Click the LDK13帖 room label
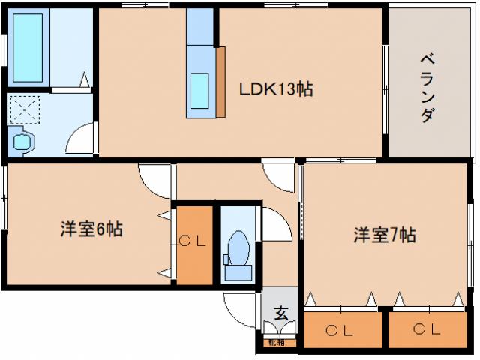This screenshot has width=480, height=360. [x=275, y=89]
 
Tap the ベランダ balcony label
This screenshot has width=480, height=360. [x=425, y=88]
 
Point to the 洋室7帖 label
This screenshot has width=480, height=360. [x=385, y=235]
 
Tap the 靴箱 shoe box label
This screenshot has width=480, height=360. [x=277, y=343]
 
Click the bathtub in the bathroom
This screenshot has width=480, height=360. [x=29, y=46]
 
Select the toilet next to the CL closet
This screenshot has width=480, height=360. [x=239, y=244]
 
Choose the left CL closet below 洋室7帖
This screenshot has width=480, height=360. [x=341, y=328]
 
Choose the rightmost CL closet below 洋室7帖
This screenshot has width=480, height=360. [x=426, y=328]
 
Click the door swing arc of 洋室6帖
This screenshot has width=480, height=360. [x=156, y=182]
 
